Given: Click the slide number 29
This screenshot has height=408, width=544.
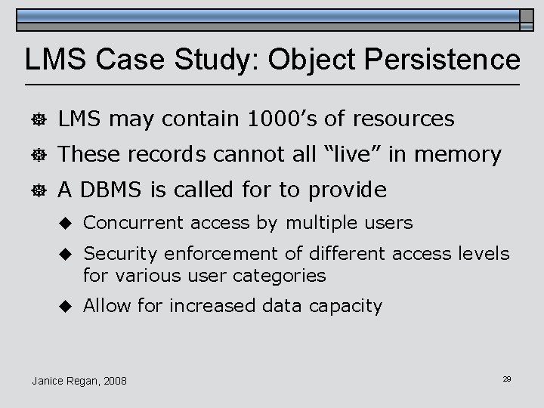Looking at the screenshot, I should (506, 378).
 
